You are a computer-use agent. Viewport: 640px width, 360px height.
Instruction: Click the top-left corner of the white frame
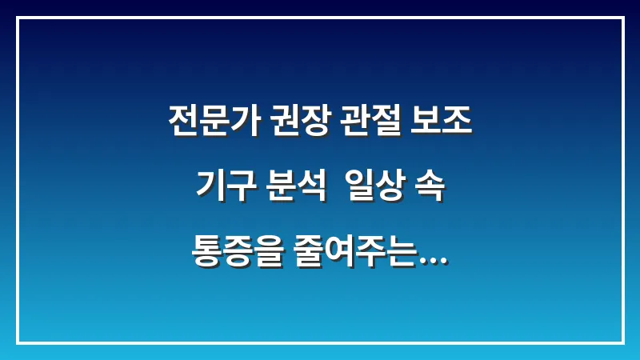[18, 18]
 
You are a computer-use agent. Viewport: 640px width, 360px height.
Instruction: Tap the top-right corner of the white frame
[622, 18]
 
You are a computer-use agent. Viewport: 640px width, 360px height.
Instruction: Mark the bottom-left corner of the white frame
[18, 342]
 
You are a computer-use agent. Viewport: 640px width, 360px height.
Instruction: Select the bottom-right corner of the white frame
[622, 342]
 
